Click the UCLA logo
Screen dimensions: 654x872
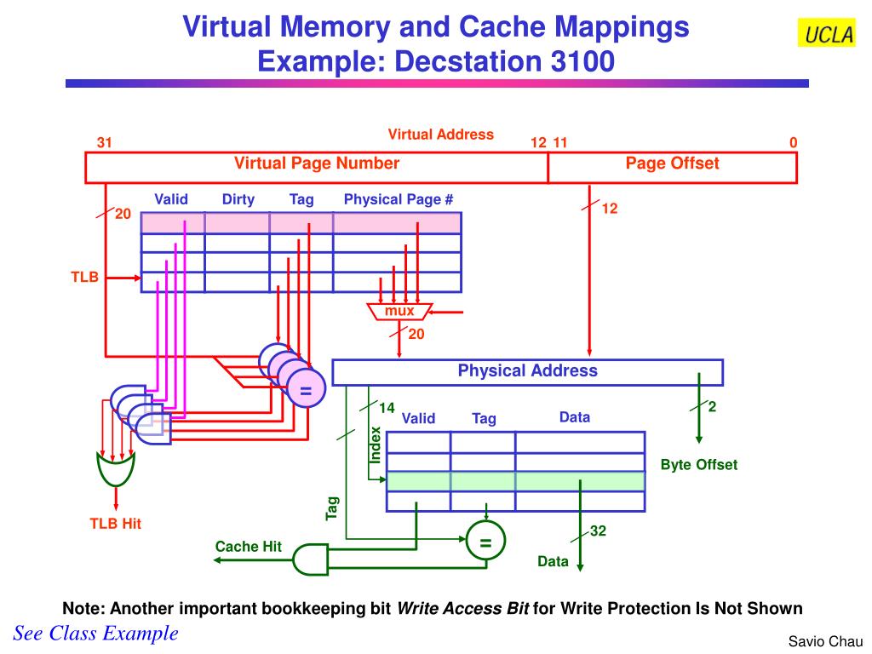pyautogui.click(x=825, y=34)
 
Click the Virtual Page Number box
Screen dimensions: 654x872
pyautogui.click(x=317, y=167)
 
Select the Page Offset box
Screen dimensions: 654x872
pyautogui.click(x=672, y=167)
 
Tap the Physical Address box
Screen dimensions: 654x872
pyautogui.click(x=527, y=372)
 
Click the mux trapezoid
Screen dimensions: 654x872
pyautogui.click(x=399, y=312)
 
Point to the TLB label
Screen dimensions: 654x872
pyautogui.click(x=84, y=277)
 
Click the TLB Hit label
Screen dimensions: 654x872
pyautogui.click(x=116, y=524)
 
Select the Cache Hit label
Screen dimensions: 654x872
pyautogui.click(x=248, y=547)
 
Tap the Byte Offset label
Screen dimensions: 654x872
pyautogui.click(x=698, y=465)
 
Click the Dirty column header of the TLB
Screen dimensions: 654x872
pyautogui.click(x=238, y=199)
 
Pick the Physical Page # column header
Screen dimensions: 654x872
pyautogui.click(x=399, y=199)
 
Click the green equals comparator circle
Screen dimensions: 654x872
pyautogui.click(x=485, y=542)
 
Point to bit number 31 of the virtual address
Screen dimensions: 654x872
pyautogui.click(x=104, y=143)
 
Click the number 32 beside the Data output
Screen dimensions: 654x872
pyautogui.click(x=599, y=531)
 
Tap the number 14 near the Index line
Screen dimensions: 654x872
pyautogui.click(x=387, y=408)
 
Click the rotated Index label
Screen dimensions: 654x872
pyautogui.click(x=376, y=445)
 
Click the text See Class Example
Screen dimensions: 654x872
pyautogui.click(x=96, y=633)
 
